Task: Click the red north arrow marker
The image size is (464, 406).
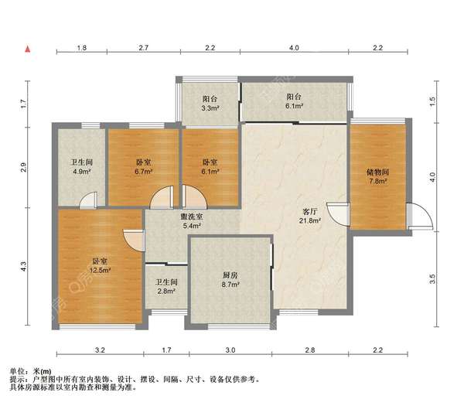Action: pyautogui.click(x=28, y=49)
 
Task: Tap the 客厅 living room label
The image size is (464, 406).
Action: pyautogui.click(x=310, y=212)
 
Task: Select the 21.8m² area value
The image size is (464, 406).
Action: pyautogui.click(x=310, y=220)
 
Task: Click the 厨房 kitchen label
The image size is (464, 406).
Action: pyautogui.click(x=230, y=275)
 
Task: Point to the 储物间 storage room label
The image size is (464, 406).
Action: pyautogui.click(x=377, y=172)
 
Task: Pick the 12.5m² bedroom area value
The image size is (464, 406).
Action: pyautogui.click(x=101, y=270)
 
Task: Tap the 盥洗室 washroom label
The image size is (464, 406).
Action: pyautogui.click(x=192, y=217)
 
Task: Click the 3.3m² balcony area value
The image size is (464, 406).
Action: pyautogui.click(x=210, y=108)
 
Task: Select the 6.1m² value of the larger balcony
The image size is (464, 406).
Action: pyautogui.click(x=294, y=106)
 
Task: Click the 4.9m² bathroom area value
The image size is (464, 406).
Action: pyautogui.click(x=82, y=172)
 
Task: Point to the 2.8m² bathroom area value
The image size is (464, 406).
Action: pyautogui.click(x=166, y=292)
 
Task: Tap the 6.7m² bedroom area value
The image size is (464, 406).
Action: pyautogui.click(x=144, y=172)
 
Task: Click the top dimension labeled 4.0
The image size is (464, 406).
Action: pyautogui.click(x=294, y=48)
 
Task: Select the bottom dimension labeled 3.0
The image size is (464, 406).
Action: pyautogui.click(x=230, y=350)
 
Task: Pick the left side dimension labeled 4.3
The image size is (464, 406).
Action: pyautogui.click(x=24, y=266)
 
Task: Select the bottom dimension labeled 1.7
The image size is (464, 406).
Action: pyautogui.click(x=166, y=350)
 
